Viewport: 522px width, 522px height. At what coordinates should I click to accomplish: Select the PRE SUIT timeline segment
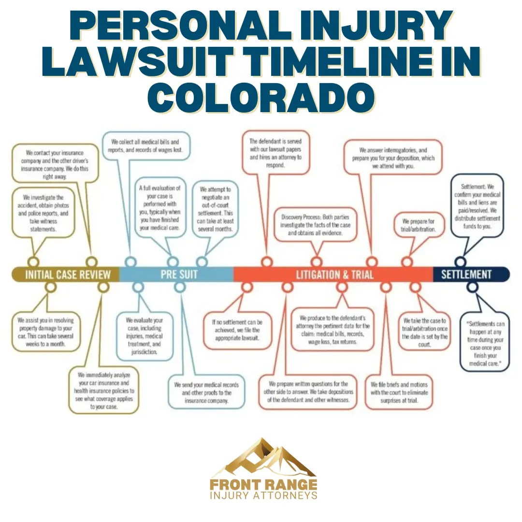point(179,275)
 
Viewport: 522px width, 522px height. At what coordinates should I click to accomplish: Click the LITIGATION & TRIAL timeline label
point(334,275)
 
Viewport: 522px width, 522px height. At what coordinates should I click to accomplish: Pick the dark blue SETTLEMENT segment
point(466,275)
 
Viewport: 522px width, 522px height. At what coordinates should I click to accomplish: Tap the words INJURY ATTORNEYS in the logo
point(263,495)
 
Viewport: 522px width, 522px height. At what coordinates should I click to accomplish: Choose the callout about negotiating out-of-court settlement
point(216,210)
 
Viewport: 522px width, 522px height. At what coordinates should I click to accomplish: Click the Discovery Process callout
point(319,225)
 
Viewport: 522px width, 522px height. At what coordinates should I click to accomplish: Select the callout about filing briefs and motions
point(399,391)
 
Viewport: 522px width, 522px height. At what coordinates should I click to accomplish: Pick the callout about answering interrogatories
point(393,158)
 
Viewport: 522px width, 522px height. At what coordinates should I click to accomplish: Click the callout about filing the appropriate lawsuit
point(237,330)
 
